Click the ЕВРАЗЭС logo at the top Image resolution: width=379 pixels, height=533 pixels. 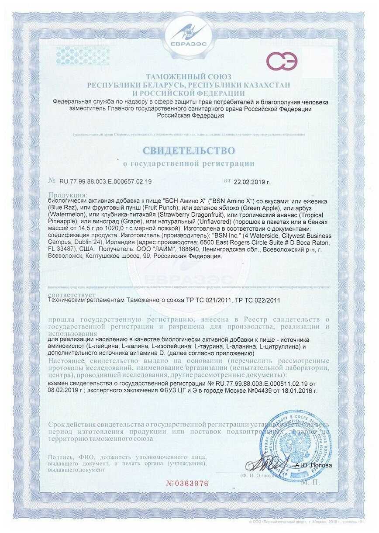click(189, 34)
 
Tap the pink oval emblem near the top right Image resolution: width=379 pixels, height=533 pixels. click(282, 62)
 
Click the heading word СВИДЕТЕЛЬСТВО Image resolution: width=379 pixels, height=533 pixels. click(189, 151)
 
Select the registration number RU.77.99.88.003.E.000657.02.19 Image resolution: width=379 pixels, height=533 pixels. click(105, 181)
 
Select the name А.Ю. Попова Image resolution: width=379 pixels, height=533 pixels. click(314, 465)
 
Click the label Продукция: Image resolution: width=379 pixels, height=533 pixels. click(68, 194)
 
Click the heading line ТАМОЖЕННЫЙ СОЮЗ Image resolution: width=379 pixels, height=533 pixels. click(189, 76)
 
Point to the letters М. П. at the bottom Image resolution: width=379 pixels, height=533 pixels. click(310, 482)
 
